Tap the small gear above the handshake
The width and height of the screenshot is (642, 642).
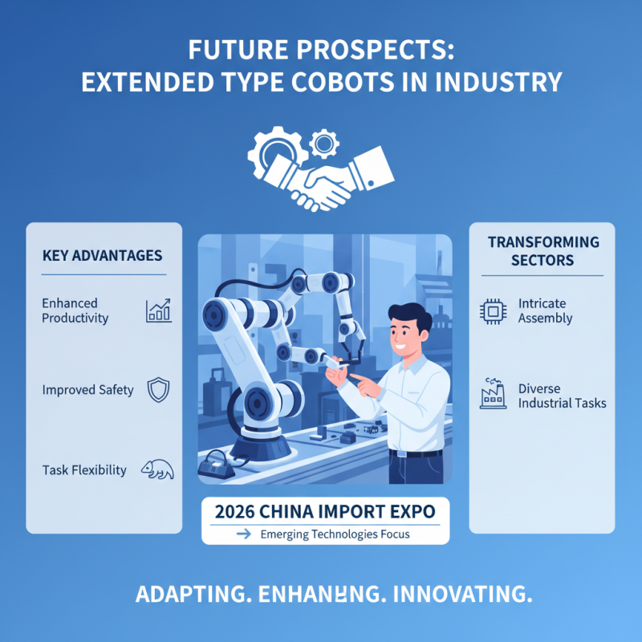(324, 144)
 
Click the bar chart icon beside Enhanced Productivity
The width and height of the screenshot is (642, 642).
(158, 311)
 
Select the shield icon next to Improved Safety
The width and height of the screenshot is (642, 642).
(157, 391)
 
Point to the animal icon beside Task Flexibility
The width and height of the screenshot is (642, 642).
(157, 470)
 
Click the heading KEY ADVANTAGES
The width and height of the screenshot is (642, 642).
(102, 256)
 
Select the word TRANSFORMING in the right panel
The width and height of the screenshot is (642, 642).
(543, 242)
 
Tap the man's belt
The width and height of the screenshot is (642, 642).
(415, 454)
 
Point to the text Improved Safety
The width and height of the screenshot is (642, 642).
(88, 391)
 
